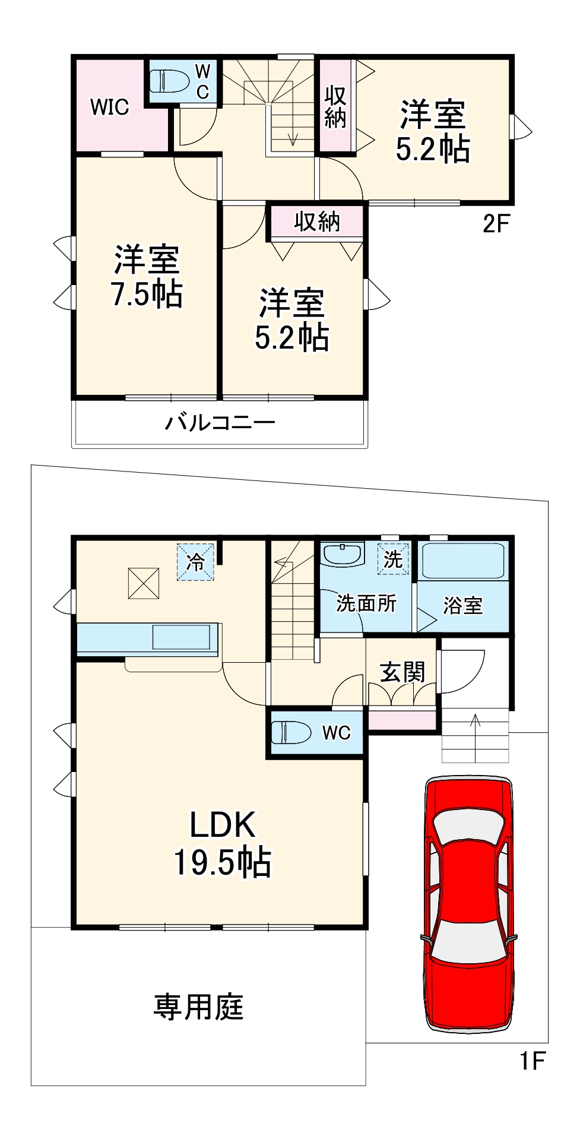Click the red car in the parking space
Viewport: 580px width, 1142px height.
click(468, 903)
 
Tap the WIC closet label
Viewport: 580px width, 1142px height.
click(110, 107)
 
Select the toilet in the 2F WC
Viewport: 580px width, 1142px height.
click(169, 81)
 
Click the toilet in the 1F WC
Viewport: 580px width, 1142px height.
click(291, 732)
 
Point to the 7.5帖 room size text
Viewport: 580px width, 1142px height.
click(147, 293)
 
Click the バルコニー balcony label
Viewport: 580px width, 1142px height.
click(220, 423)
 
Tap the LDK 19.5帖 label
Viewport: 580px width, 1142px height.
click(223, 843)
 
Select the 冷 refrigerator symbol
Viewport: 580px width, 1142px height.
click(195, 561)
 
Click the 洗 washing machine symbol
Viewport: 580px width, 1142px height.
click(393, 559)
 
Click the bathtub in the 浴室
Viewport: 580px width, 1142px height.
click(463, 561)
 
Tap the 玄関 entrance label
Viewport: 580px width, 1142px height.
click(402, 672)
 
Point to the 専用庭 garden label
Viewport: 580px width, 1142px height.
click(198, 1007)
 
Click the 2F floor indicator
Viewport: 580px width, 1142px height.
click(496, 223)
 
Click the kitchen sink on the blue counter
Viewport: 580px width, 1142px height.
click(181, 637)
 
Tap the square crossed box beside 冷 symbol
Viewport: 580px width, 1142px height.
click(144, 583)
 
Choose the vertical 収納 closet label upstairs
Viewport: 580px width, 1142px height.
click(335, 107)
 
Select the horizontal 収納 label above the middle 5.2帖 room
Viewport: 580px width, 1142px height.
click(317, 222)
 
